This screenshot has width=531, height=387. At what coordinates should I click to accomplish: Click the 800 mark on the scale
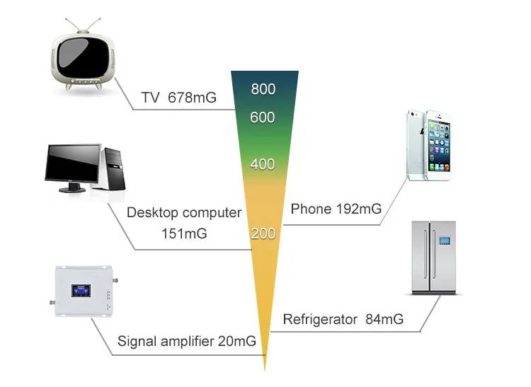tap(263, 90)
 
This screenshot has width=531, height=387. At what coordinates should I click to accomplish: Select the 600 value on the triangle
tap(263, 117)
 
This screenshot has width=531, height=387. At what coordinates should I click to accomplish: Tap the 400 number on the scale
tap(263, 164)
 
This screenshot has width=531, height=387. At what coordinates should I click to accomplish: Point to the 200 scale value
tap(263, 233)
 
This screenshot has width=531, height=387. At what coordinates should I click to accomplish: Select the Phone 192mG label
tap(336, 209)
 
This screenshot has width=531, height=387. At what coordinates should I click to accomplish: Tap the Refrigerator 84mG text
tap(343, 319)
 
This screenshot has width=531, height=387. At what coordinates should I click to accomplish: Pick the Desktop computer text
tap(184, 212)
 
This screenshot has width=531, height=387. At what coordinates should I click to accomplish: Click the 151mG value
tap(184, 233)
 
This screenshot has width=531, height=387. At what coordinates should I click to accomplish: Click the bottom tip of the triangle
tap(265, 369)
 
